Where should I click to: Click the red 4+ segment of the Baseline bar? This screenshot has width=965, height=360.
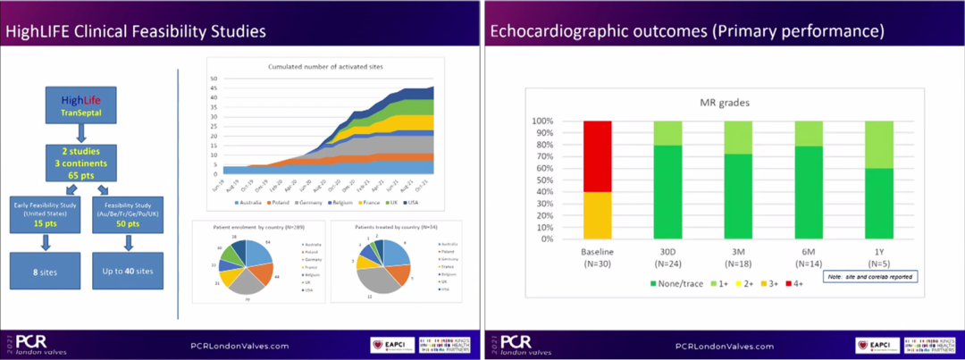[x=598, y=155]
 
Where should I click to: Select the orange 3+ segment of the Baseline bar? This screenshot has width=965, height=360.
[x=598, y=215]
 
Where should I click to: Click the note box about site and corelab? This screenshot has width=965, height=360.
[x=869, y=278]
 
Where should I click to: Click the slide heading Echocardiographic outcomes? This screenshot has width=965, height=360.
[x=687, y=32]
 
